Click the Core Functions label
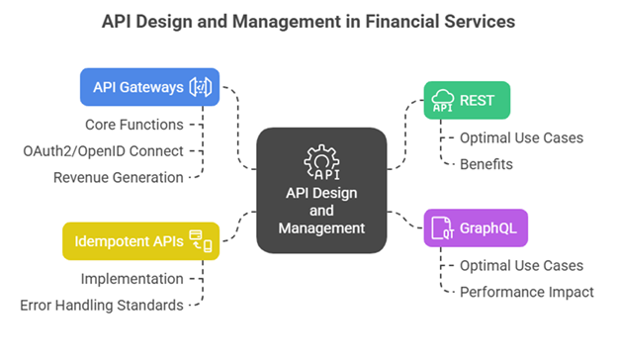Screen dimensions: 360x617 tap(135, 125)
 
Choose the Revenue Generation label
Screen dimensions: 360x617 tap(118, 177)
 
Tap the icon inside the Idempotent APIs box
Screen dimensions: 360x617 tap(201, 240)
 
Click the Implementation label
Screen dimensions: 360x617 tap(132, 279)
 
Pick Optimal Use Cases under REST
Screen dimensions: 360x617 tap(521, 137)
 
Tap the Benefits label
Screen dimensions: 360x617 tap(486, 164)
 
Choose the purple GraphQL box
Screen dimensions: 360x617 tap(476, 227)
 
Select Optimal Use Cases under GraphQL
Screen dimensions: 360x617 tap(521, 265)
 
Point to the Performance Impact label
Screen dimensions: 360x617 tap(526, 292)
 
